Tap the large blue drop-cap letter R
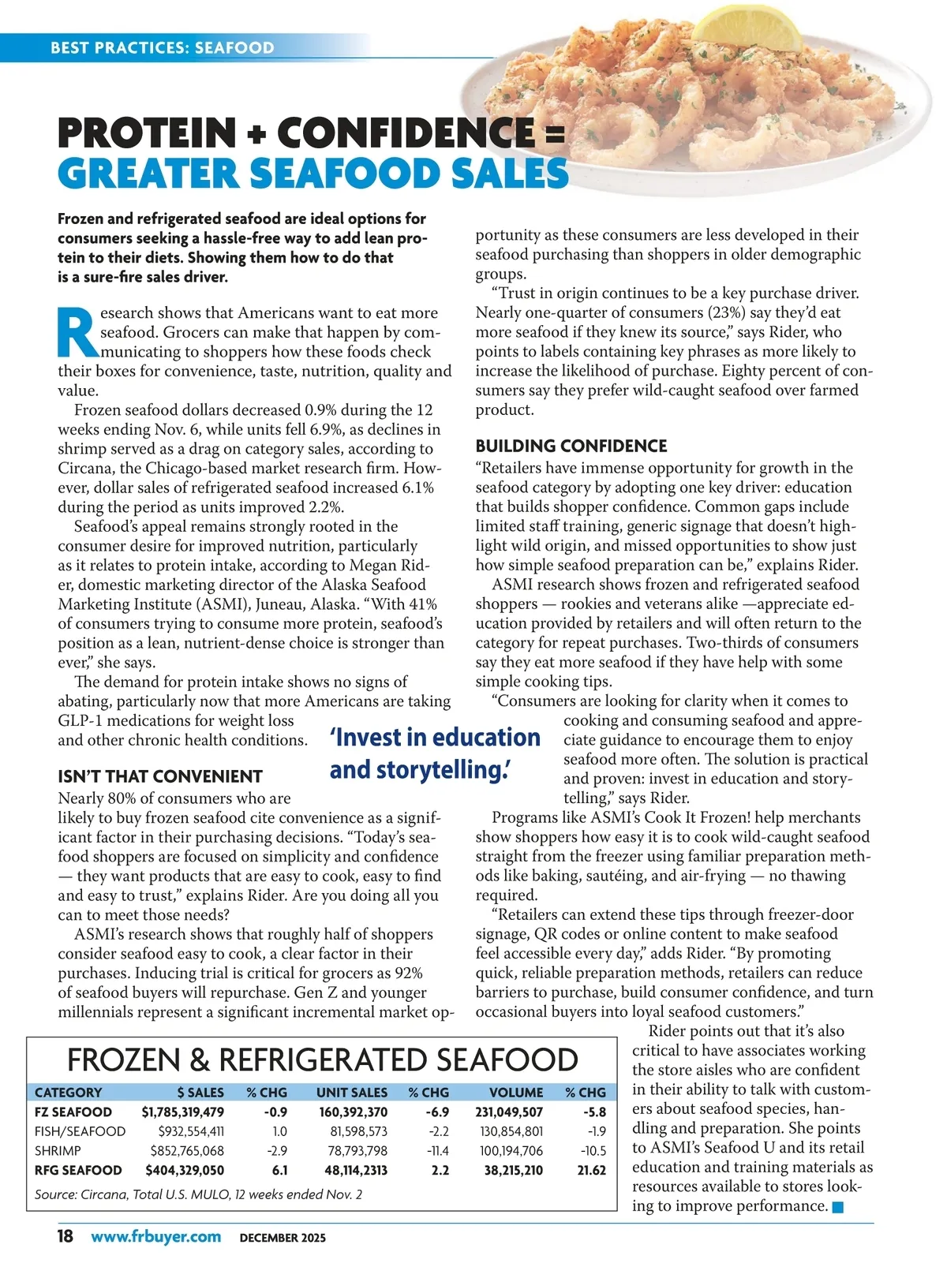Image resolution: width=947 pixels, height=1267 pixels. tap(77, 332)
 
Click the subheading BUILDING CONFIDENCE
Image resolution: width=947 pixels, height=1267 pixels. tap(571, 446)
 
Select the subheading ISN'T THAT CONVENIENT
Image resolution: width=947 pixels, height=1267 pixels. tap(159, 776)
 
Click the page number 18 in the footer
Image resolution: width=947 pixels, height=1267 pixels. tap(66, 1236)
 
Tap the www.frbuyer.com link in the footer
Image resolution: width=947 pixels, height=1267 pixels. tap(155, 1236)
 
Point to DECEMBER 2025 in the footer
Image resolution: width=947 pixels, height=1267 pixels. tap(283, 1238)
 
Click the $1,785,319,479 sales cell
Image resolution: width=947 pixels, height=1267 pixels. tap(182, 1112)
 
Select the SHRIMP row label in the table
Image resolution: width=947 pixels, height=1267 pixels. tap(58, 1151)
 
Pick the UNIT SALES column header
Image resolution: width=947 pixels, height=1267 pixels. tap(351, 1093)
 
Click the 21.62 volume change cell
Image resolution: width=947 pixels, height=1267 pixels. tap(591, 1171)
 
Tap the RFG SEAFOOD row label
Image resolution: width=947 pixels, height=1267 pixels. tap(78, 1171)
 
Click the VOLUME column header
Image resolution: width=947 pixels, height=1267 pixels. tap(516, 1093)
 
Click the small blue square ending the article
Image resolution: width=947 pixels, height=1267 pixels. tap(838, 1207)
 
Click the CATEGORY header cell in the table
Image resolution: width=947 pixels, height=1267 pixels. tap(68, 1093)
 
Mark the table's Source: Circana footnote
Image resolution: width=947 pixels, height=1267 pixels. tap(198, 1194)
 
